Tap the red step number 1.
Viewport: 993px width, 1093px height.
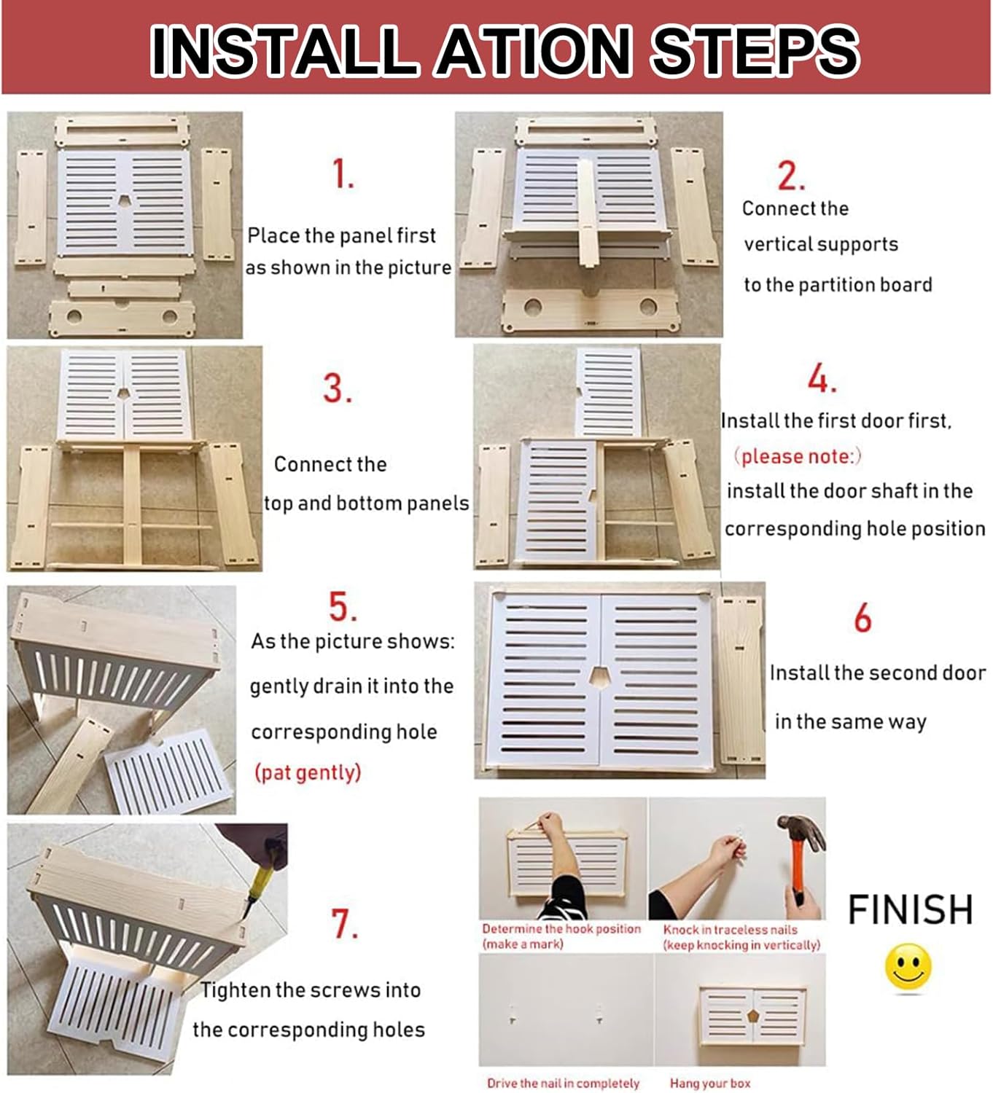[x=343, y=174]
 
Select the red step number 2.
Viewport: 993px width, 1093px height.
[x=791, y=176]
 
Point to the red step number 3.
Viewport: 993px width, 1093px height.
[x=337, y=388]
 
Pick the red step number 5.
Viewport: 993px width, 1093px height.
[x=343, y=606]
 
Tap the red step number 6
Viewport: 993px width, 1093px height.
[x=862, y=619]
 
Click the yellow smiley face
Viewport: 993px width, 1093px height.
[x=908, y=966]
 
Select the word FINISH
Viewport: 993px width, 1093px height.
[x=910, y=909]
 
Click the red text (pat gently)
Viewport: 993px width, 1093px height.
[x=308, y=772]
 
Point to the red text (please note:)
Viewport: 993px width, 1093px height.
[x=797, y=457]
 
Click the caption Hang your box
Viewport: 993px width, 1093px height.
[x=710, y=1084]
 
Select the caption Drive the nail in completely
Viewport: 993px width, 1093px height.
[x=563, y=1084]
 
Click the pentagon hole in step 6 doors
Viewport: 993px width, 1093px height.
[x=600, y=677]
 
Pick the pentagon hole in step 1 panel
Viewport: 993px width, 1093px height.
[x=125, y=200]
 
